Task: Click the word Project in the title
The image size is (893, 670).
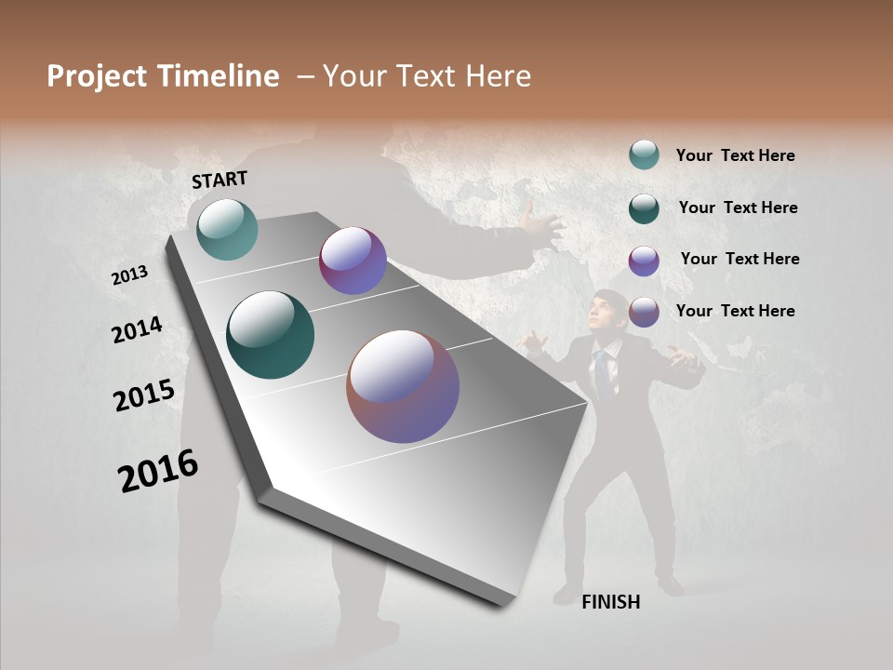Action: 95,76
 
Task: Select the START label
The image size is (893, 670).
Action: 220,180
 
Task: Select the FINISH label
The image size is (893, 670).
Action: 610,602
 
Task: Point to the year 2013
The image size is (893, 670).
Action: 130,275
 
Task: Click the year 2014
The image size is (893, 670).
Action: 137,329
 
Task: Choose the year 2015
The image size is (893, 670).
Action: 144,395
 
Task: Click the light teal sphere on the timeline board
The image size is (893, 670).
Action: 227,229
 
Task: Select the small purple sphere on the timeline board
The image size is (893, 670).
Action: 353,261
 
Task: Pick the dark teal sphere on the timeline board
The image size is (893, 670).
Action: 270,335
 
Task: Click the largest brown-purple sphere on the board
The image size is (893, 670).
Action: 403,386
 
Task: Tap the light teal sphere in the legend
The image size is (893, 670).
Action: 644,154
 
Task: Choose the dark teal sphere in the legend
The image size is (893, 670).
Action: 644,208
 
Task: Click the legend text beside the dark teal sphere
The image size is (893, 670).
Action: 738,208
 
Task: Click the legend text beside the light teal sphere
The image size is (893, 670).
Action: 735,155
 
